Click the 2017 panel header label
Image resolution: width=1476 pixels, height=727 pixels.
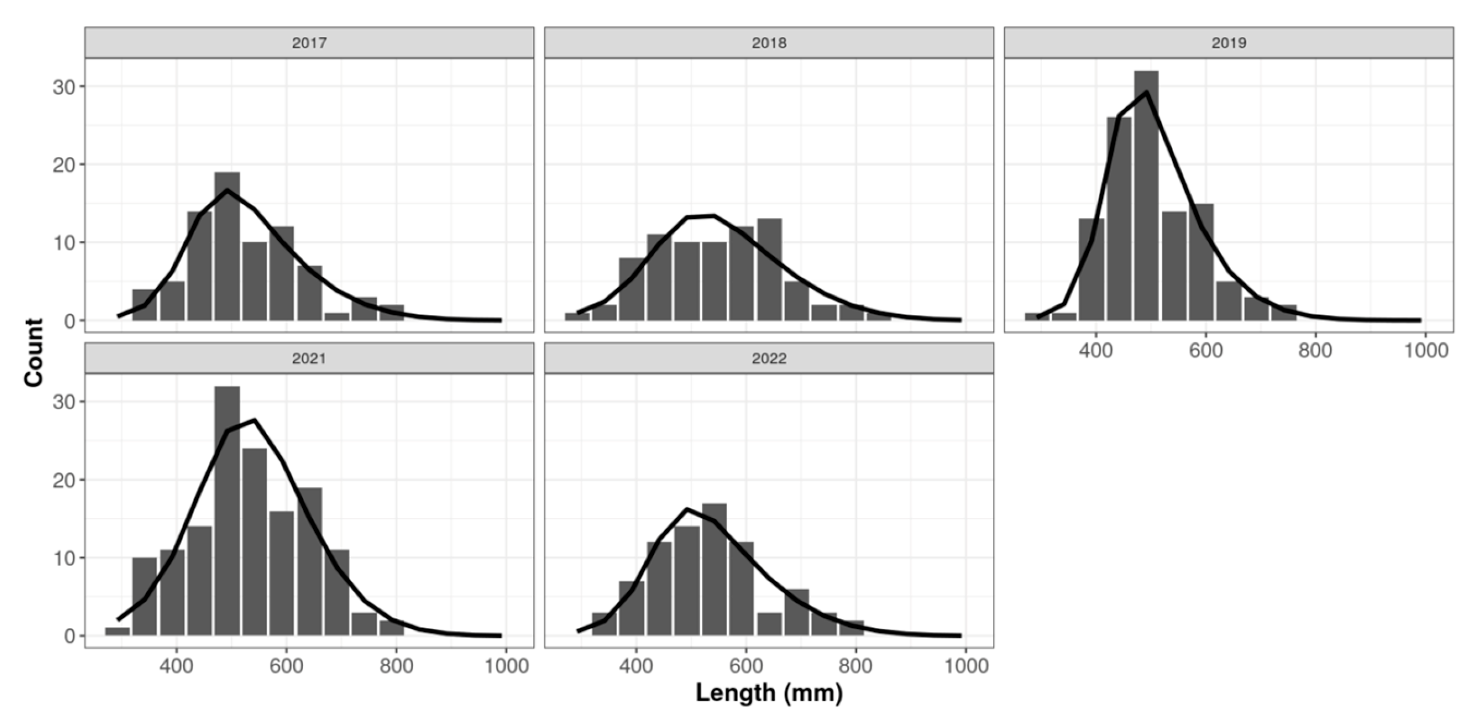tap(309, 43)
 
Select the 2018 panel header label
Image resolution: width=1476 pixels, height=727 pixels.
tap(769, 43)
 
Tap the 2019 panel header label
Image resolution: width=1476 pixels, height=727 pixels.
tap(1229, 43)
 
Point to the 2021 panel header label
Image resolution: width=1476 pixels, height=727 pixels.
tap(309, 359)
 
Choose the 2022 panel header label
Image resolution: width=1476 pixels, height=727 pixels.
tap(769, 359)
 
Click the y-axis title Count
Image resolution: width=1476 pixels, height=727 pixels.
tap(34, 352)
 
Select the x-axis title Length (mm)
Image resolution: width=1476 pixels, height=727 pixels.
tap(769, 693)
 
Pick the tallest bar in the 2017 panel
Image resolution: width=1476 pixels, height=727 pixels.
tap(226, 246)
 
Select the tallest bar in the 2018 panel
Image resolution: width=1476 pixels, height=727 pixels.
tap(769, 269)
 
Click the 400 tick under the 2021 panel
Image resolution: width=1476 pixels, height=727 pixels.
tap(176, 666)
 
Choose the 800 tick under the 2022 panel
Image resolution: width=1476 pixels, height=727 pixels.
tap(856, 666)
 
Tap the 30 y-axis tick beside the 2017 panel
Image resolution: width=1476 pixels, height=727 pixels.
tap(64, 87)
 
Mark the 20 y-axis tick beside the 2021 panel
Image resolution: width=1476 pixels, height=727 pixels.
tap(64, 480)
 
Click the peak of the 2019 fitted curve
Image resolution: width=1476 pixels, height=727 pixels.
tap(1146, 92)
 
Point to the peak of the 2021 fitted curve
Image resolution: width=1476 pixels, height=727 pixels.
tap(254, 420)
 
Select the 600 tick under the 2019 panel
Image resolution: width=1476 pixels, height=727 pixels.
tap(1205, 350)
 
